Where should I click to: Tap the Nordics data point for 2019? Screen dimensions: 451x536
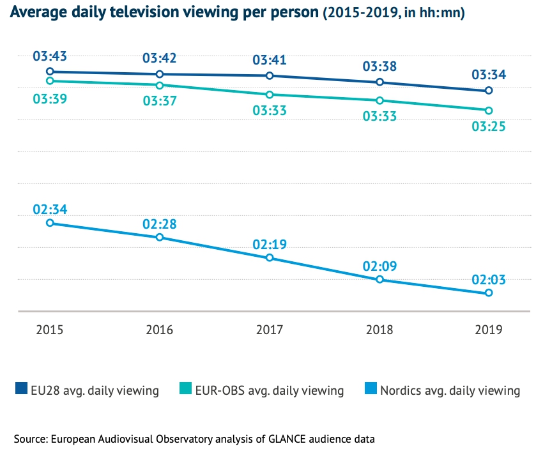click(489, 293)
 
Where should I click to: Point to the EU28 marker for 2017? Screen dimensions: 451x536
click(270, 76)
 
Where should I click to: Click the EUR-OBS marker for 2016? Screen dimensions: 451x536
click(160, 85)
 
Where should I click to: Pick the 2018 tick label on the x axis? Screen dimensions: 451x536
click(379, 330)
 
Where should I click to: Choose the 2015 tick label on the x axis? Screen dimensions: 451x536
click(49, 330)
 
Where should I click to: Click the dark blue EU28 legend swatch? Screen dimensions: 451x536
click(20, 389)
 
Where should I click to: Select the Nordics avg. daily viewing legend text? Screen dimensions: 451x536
click(450, 390)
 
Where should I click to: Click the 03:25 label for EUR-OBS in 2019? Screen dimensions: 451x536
click(489, 126)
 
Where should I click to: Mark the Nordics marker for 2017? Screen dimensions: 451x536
click(270, 257)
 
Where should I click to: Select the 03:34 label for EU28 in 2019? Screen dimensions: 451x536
click(489, 75)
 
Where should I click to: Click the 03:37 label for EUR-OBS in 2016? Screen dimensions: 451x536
click(160, 101)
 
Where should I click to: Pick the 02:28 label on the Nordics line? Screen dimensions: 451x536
click(160, 224)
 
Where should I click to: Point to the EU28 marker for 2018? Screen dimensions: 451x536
click(379, 82)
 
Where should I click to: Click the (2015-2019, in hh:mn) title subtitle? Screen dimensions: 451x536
click(394, 13)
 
